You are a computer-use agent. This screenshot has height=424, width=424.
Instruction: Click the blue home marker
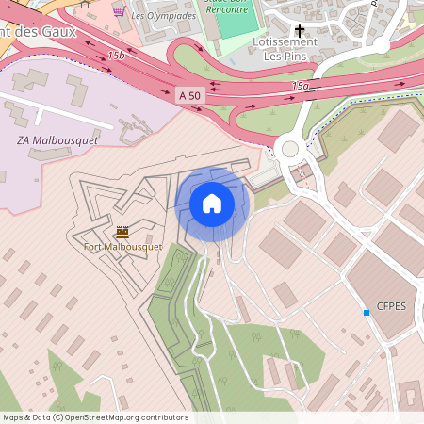[x=212, y=203]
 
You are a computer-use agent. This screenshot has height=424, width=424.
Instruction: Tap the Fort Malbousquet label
[x=122, y=247]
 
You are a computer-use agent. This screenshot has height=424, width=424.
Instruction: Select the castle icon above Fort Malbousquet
[x=122, y=231]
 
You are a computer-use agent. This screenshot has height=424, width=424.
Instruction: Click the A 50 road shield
[x=188, y=95]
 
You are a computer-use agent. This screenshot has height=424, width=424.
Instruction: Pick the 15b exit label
[x=116, y=56]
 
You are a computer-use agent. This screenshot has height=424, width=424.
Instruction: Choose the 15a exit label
[x=300, y=86]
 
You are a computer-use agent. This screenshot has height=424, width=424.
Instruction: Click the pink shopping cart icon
[x=119, y=11]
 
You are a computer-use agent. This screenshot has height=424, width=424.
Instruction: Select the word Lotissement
[x=285, y=42]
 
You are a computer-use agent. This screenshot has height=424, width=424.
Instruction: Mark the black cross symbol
[x=301, y=30]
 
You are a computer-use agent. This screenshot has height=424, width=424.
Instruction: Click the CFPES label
[x=391, y=306]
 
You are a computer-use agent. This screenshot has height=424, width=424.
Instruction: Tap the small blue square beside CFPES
[x=367, y=312]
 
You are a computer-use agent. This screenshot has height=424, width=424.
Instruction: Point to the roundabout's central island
[x=289, y=148]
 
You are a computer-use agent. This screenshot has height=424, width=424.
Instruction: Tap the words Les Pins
[x=285, y=56]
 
